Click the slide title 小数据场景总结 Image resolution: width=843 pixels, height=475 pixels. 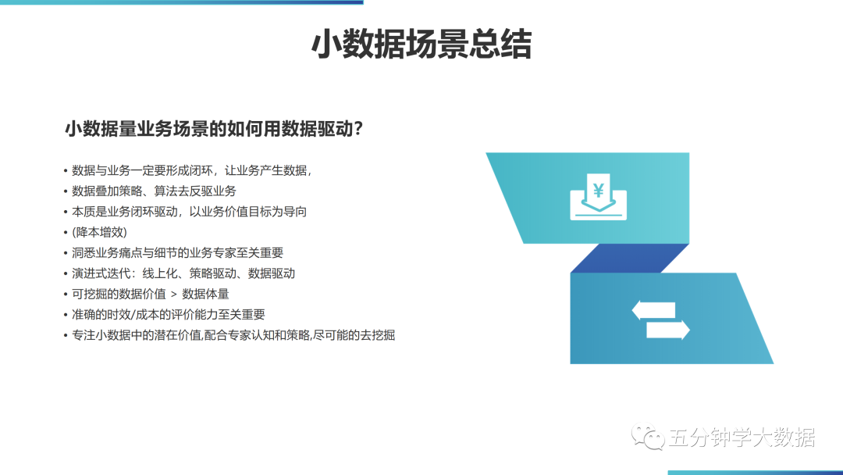421,45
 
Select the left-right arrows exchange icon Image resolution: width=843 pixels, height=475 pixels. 660,320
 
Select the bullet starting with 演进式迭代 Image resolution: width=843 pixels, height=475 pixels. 183,273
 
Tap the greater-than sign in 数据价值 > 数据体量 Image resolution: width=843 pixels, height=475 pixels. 173,295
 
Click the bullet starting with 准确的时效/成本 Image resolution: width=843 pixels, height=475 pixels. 169,315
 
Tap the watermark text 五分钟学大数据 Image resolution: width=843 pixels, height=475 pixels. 742,437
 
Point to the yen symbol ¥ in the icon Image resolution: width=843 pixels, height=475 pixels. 598,190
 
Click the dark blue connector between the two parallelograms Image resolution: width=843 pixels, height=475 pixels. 629,258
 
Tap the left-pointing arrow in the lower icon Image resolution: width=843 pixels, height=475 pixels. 653,310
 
